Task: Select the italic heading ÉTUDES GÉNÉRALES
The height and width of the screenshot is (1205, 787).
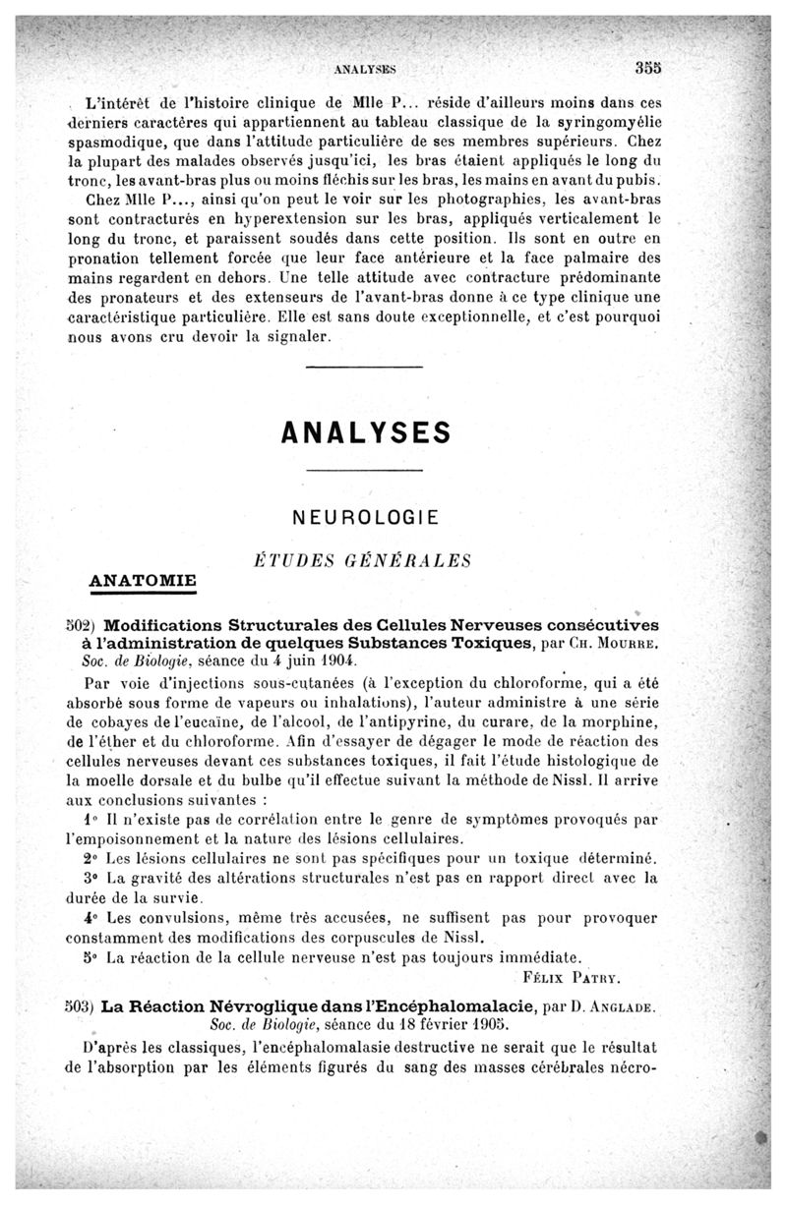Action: click(363, 561)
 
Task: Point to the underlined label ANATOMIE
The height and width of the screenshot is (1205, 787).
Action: click(143, 580)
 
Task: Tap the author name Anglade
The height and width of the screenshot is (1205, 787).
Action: click(620, 1008)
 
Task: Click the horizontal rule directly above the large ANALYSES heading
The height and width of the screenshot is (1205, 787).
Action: click(364, 369)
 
